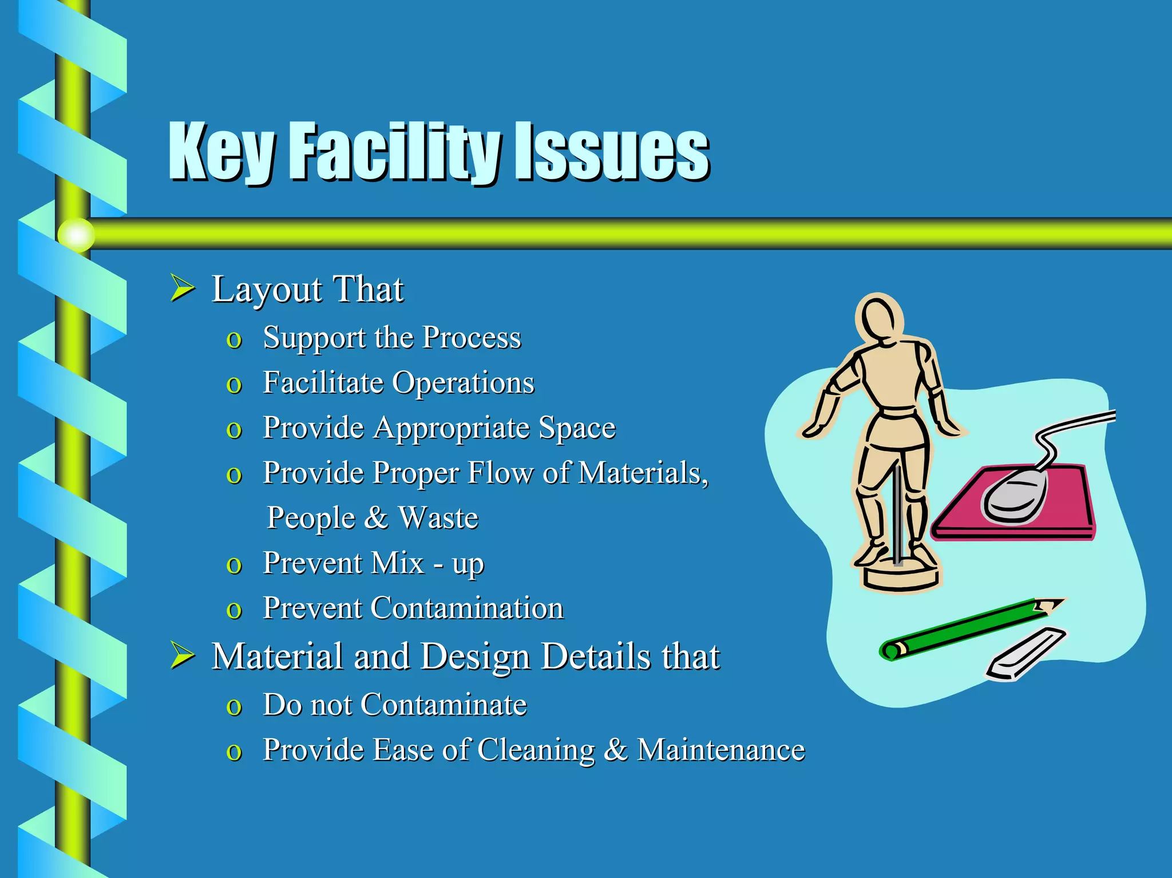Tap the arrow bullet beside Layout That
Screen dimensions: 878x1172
coord(183,288)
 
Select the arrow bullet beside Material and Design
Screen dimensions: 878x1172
coord(183,655)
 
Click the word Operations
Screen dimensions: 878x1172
coord(464,383)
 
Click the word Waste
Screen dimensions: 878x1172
coord(438,518)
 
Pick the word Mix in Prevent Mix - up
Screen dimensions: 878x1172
coord(397,563)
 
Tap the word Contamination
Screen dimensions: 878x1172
coord(467,608)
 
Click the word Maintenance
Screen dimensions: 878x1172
coord(720,750)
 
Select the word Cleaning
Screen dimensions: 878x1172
coord(536,750)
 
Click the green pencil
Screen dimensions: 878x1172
coord(967,630)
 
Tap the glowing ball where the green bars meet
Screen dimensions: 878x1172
coord(76,235)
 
